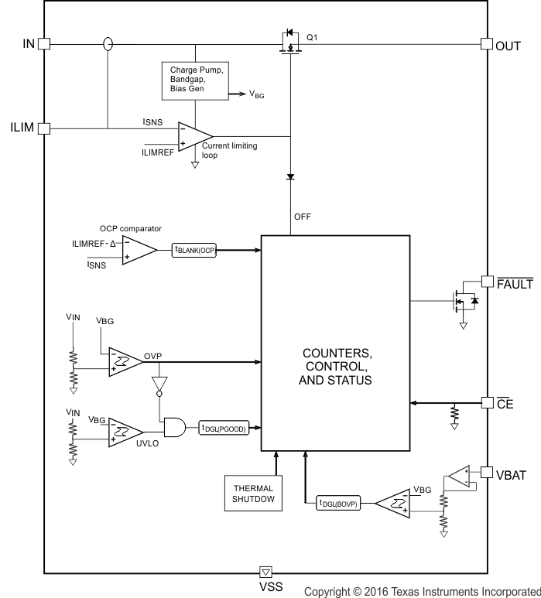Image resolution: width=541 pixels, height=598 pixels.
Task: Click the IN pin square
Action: click(44, 44)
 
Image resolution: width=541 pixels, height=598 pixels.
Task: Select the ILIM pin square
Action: click(44, 128)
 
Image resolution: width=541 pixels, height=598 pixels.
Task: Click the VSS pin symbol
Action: click(265, 572)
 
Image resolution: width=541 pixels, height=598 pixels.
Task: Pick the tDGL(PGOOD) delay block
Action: click(224, 429)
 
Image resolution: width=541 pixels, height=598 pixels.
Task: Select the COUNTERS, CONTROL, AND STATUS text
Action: click(337, 367)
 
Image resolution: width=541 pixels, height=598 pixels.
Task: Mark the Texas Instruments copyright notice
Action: click(423, 591)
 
